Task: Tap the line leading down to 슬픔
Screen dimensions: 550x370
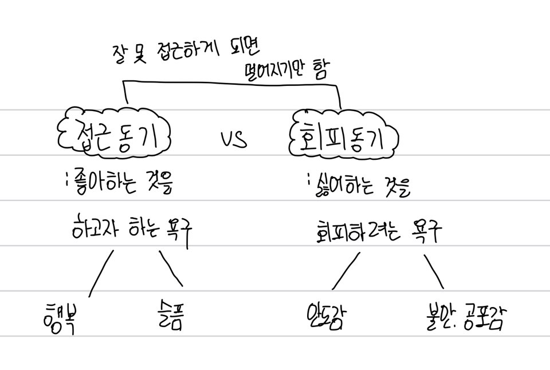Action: [x=171, y=269]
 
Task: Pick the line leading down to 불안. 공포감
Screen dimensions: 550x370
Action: [x=434, y=271]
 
